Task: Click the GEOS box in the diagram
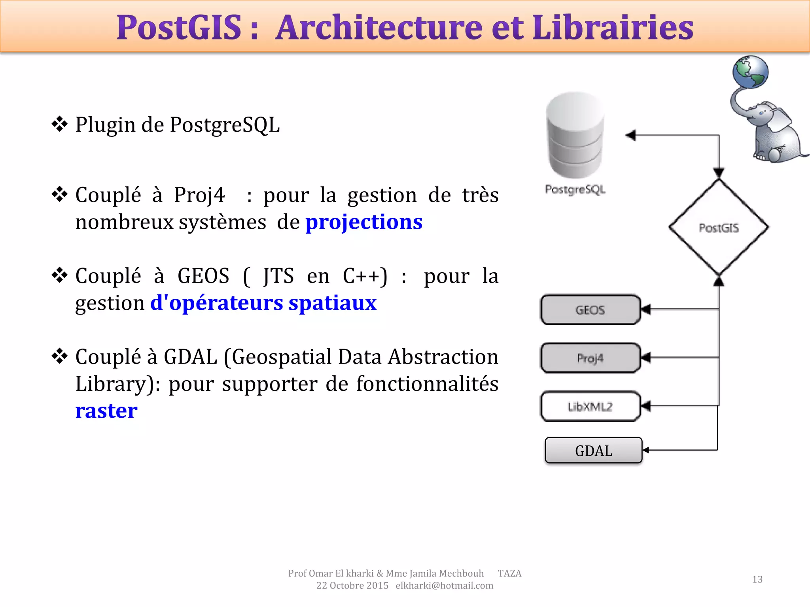point(590,310)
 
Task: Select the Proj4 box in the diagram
point(590,358)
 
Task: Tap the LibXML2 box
point(590,406)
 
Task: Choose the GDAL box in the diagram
point(593,451)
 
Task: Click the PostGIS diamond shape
point(719,228)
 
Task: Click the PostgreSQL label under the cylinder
point(575,190)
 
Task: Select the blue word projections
point(364,222)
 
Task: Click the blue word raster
point(106,411)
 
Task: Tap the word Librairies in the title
point(613,28)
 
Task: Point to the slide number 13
point(757,579)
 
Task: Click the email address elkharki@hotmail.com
point(444,586)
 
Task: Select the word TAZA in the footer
point(509,573)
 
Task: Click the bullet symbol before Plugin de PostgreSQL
point(60,124)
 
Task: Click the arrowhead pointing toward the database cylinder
point(631,136)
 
